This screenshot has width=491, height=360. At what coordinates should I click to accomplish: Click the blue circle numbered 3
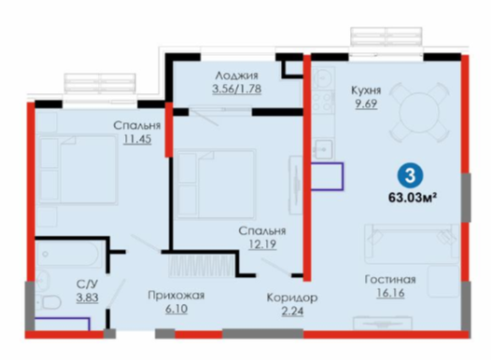click(x=410, y=176)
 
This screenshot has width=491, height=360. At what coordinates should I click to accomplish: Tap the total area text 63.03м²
click(x=413, y=198)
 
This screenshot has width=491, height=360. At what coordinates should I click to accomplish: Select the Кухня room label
click(x=366, y=90)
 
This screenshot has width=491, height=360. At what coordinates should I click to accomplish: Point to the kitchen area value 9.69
click(x=366, y=104)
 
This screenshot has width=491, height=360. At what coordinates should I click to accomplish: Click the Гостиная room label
click(x=390, y=279)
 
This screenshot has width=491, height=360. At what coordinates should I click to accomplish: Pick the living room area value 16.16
click(x=390, y=293)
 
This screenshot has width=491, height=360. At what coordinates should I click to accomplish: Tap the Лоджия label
click(x=237, y=76)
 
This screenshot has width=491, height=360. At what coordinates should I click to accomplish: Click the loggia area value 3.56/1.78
click(x=237, y=89)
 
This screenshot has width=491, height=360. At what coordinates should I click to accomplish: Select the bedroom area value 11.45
click(x=137, y=139)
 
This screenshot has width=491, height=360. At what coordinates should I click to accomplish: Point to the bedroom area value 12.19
click(x=262, y=244)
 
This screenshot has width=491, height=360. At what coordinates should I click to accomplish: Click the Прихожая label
click(x=176, y=296)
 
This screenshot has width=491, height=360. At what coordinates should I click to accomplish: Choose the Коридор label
click(x=292, y=298)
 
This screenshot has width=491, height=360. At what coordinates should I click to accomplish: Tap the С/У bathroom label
click(x=88, y=284)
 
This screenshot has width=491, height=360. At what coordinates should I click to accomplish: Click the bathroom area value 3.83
click(x=88, y=298)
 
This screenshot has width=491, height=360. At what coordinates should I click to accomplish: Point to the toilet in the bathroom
click(x=49, y=303)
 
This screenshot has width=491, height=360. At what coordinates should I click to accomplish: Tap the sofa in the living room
click(x=412, y=243)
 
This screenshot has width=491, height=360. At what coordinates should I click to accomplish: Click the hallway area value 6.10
click(x=176, y=309)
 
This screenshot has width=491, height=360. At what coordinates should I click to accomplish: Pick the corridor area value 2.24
click(x=292, y=312)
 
